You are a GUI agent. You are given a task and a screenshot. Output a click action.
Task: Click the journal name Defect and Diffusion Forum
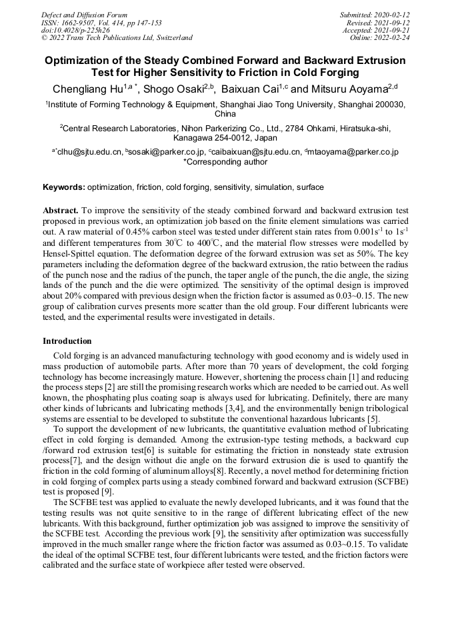pos(84,15)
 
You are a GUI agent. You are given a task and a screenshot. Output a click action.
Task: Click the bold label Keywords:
pos(64,187)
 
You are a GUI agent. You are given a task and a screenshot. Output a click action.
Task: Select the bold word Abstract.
pos(61,209)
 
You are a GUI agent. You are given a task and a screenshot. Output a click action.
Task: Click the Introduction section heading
pos(67,341)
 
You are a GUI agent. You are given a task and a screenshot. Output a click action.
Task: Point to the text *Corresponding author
pos(225,161)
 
